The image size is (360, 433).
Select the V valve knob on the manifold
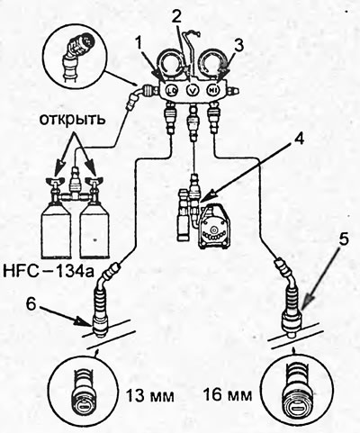[x=193, y=90]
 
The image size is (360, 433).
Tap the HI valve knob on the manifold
[x=212, y=90]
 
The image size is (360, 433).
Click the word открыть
[x=73, y=120]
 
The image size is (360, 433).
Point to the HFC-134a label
[x=49, y=272]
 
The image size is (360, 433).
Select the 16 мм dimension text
[x=228, y=395]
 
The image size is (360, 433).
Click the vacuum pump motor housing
[x=214, y=228]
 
